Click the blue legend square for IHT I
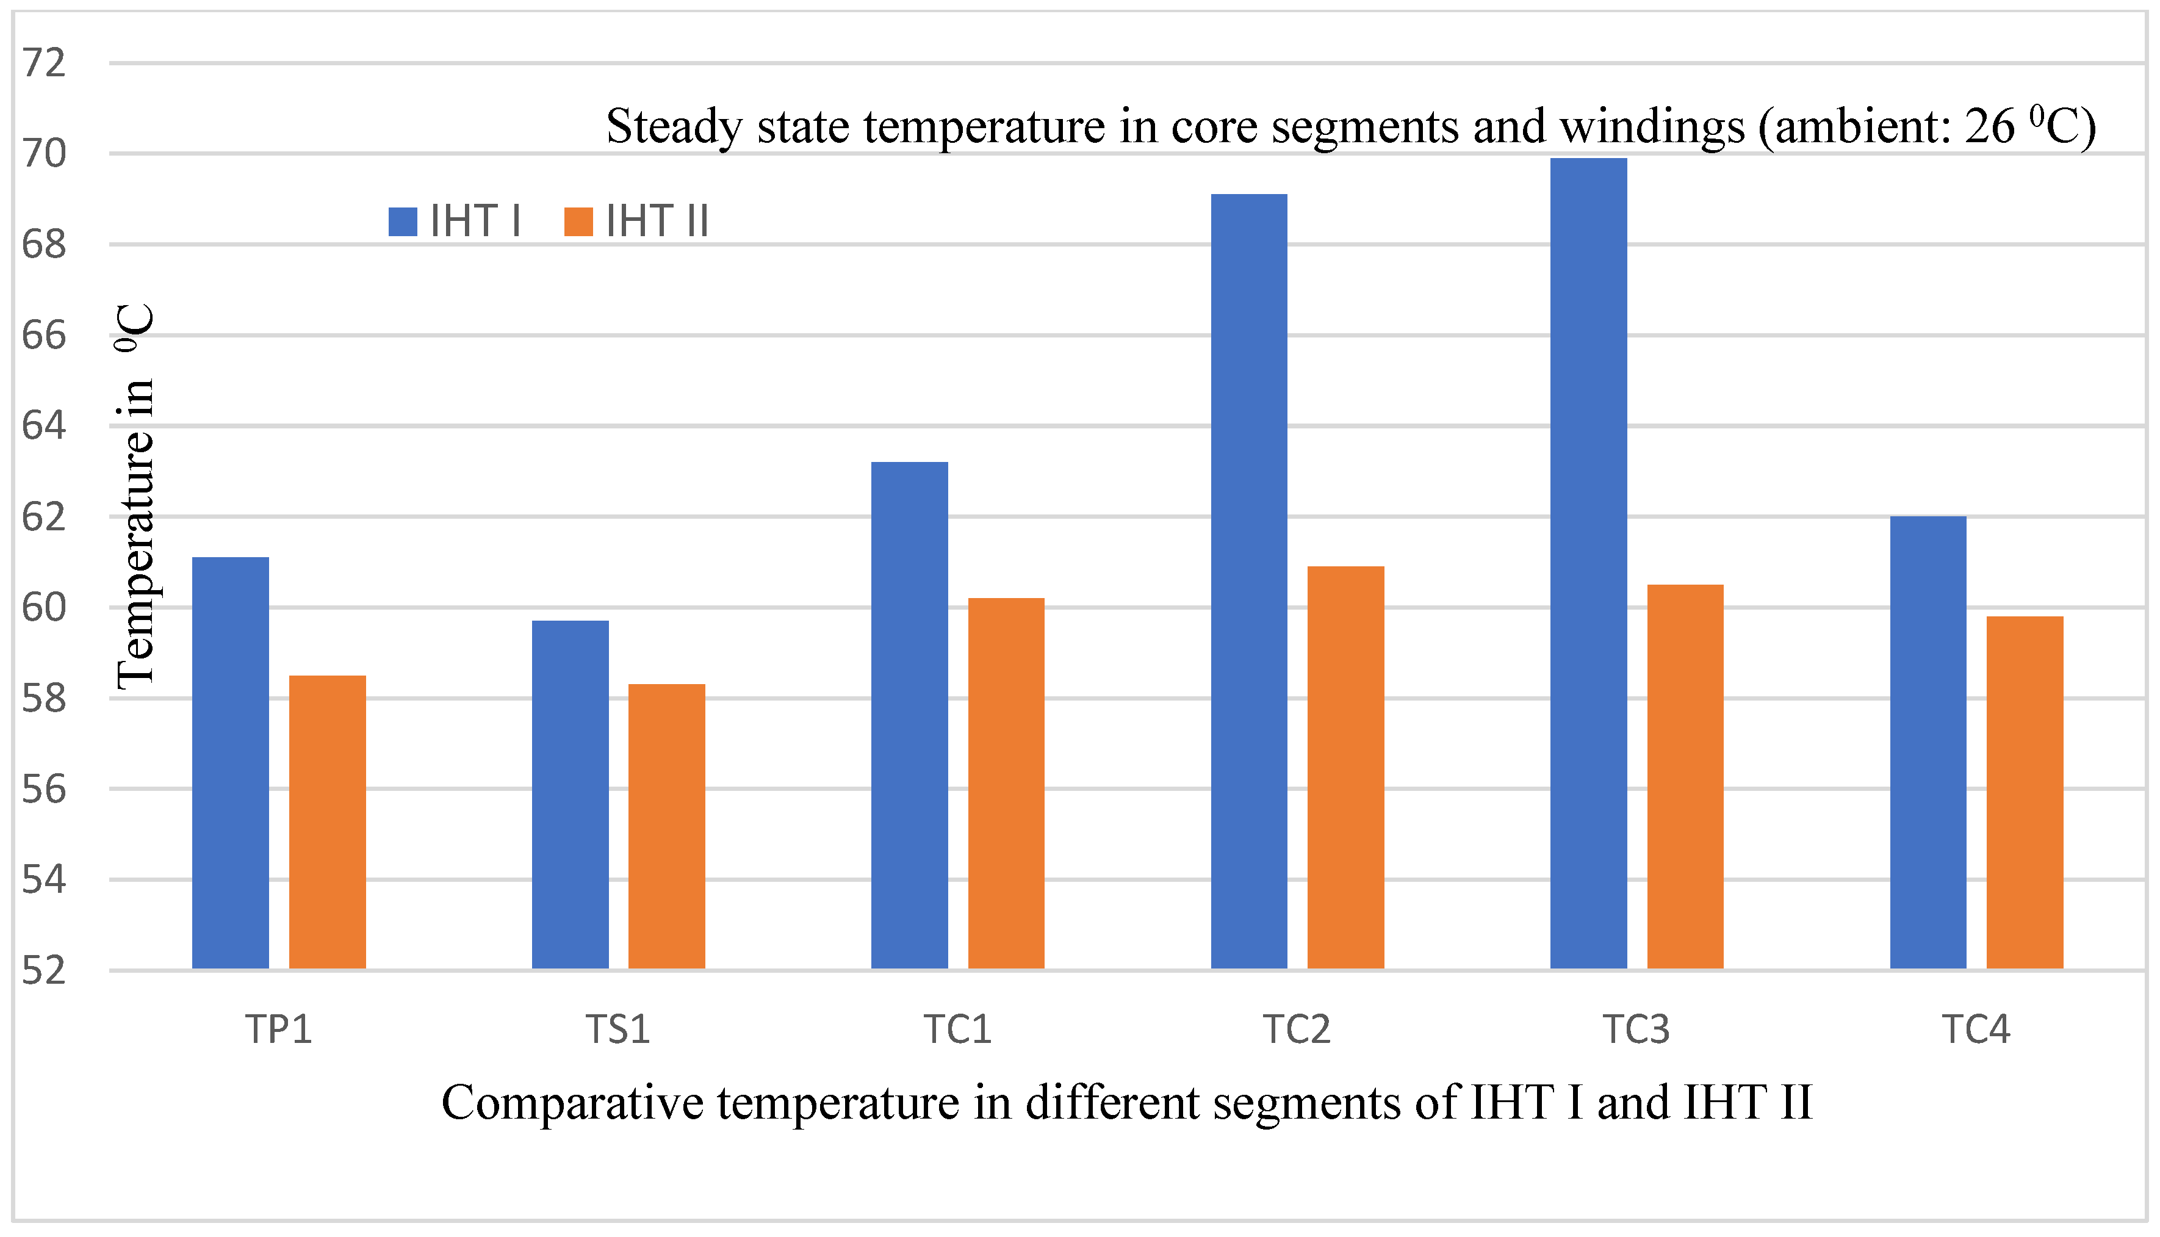pyautogui.click(x=403, y=222)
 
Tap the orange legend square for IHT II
pyautogui.click(x=578, y=222)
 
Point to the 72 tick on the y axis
pyautogui.click(x=43, y=63)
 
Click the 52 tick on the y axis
pyautogui.click(x=43, y=971)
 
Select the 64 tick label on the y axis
pyautogui.click(x=43, y=425)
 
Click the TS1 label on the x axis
pyautogui.click(x=617, y=1030)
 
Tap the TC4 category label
pyautogui.click(x=1976, y=1030)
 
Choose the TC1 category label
pyautogui.click(x=957, y=1030)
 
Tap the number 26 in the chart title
pyautogui.click(x=1989, y=128)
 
